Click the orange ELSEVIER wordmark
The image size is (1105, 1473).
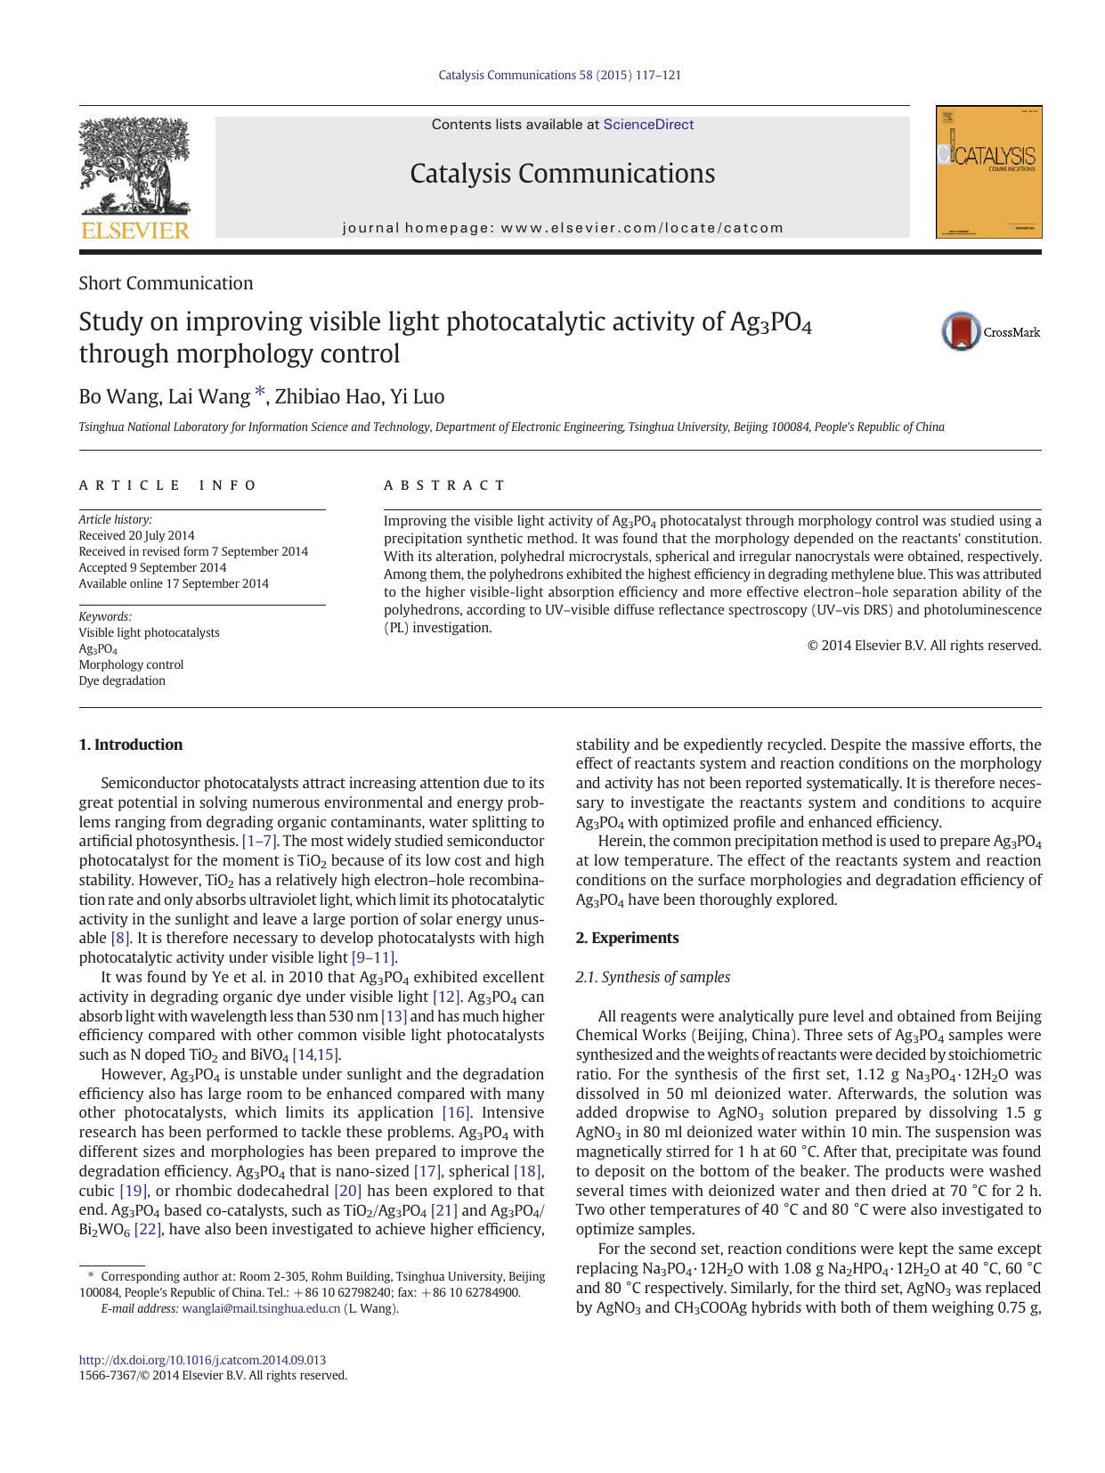point(134,231)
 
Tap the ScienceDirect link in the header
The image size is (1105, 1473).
point(648,125)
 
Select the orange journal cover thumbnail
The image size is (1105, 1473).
point(988,172)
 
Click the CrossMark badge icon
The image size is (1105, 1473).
point(962,331)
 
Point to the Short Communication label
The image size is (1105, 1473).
point(166,283)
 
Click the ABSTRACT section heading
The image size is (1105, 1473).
point(444,485)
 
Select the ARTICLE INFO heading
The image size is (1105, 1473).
point(167,485)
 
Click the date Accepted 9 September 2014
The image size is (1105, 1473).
point(152,567)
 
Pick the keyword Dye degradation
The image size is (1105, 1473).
point(122,680)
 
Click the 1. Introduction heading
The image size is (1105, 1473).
point(131,745)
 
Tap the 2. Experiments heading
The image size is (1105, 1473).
point(627,938)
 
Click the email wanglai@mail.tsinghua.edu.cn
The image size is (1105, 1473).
point(261,1308)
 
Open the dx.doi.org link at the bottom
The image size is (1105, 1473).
point(202,1360)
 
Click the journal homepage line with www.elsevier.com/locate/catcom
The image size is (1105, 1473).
point(563,228)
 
